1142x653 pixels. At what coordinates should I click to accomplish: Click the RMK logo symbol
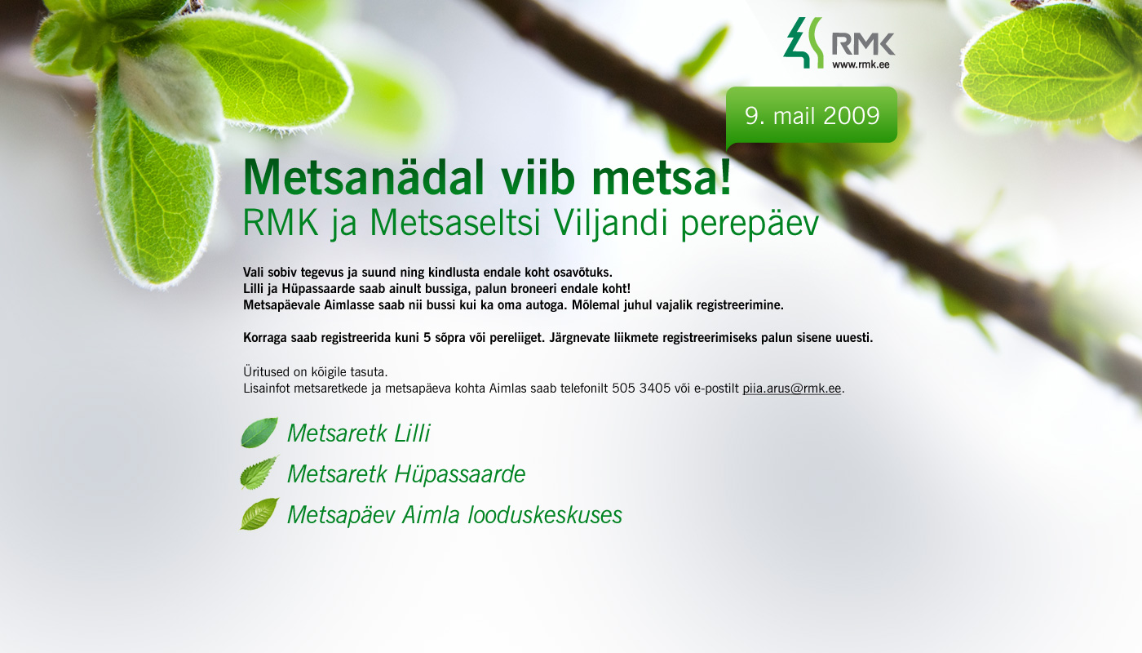[804, 42]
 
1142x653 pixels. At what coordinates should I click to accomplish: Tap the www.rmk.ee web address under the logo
[861, 64]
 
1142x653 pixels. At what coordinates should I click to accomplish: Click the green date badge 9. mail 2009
[812, 116]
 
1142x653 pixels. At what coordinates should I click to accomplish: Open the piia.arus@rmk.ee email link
[791, 389]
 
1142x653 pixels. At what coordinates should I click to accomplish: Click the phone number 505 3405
[641, 389]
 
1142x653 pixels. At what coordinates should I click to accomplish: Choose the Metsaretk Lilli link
[358, 433]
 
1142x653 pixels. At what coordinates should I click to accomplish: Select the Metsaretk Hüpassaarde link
[406, 474]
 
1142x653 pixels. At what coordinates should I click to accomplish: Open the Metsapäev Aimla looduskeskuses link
[455, 515]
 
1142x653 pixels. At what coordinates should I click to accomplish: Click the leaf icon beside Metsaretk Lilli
[259, 433]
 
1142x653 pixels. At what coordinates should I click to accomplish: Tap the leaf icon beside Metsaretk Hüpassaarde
[259, 473]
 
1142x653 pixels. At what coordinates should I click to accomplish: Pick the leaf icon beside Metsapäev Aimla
[259, 513]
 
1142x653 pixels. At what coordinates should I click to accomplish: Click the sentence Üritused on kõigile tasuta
[315, 372]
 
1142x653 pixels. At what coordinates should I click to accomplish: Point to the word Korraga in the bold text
[265, 338]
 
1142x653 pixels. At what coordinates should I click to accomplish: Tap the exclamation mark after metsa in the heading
[725, 178]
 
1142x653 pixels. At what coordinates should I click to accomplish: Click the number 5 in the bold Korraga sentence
[427, 338]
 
